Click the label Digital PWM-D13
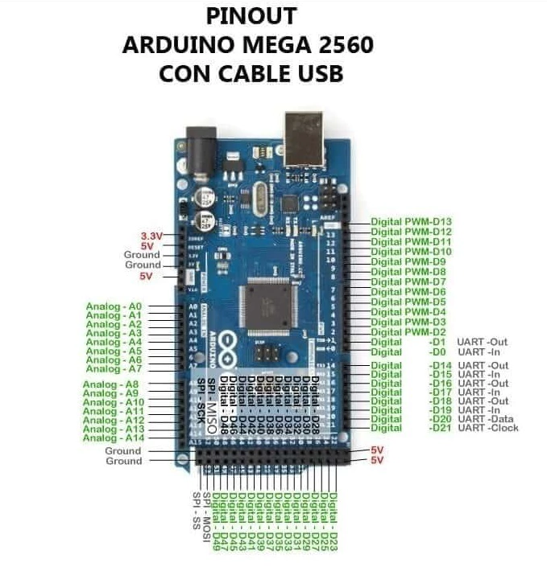(x=411, y=221)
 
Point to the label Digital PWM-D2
(x=408, y=332)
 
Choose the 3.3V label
(x=151, y=235)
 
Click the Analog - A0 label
(x=114, y=306)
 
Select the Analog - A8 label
(x=113, y=384)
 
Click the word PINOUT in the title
(x=251, y=16)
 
